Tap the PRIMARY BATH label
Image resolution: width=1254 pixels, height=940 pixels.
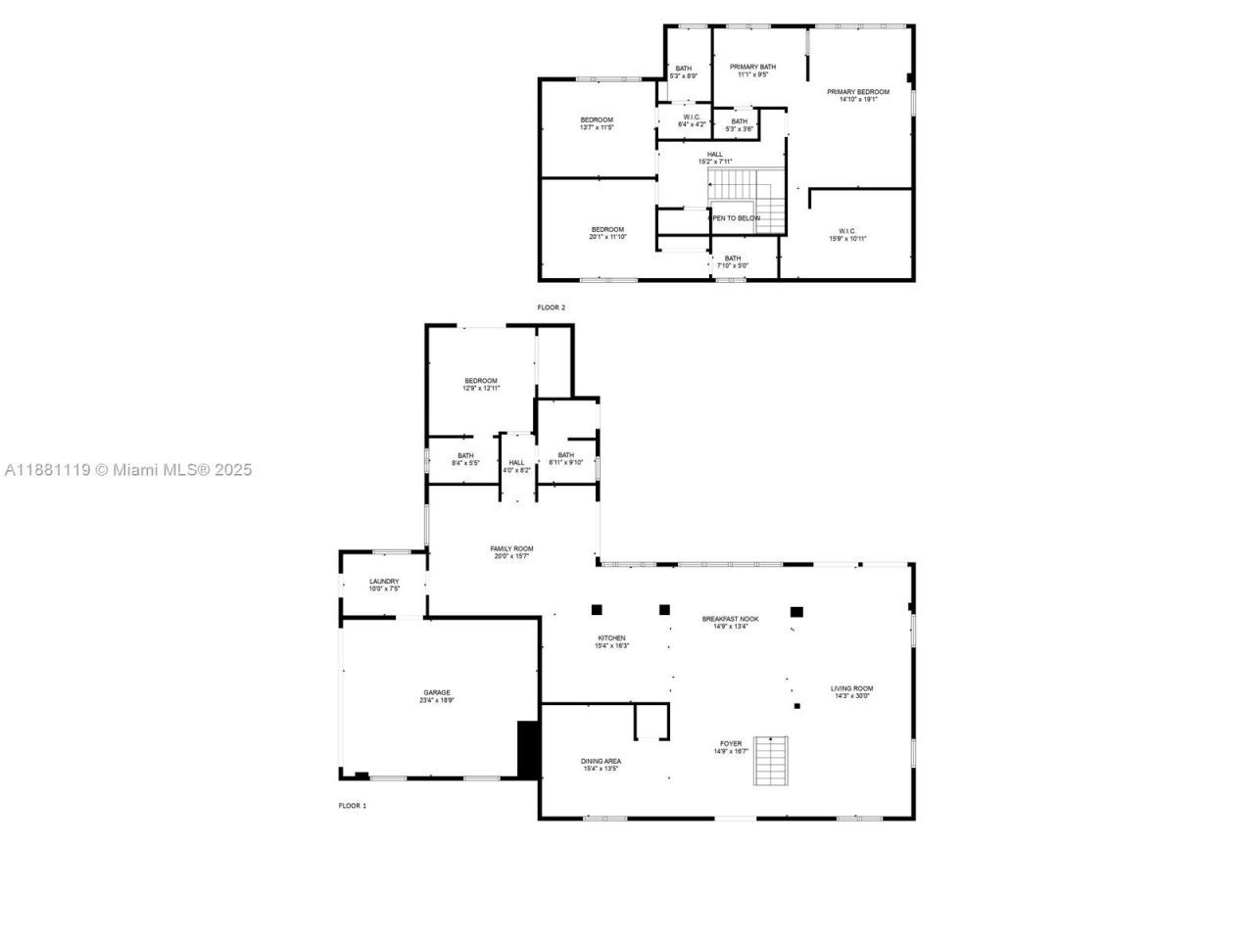(752, 67)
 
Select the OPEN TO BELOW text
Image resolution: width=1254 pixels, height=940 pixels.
(735, 218)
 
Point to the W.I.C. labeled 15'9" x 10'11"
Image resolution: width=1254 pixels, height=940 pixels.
(847, 231)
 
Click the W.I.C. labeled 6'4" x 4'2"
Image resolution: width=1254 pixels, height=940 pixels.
(691, 117)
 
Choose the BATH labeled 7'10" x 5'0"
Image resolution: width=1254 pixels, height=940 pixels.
(733, 258)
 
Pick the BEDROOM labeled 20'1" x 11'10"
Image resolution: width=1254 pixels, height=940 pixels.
(607, 230)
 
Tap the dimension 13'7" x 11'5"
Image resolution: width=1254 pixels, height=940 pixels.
(597, 127)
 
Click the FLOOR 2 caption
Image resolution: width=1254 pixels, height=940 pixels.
(551, 307)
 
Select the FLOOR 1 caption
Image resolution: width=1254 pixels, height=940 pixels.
(352, 806)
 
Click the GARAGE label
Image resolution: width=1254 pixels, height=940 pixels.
(437, 692)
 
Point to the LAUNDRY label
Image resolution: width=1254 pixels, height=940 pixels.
(384, 582)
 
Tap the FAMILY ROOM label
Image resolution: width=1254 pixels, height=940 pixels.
(511, 549)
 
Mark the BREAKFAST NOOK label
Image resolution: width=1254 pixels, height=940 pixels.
(730, 619)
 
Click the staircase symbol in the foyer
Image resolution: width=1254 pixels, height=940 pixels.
(770, 761)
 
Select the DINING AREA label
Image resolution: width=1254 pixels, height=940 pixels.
(601, 761)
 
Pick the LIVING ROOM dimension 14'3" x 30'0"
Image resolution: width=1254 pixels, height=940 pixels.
(851, 696)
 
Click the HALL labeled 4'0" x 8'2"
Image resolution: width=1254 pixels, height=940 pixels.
(516, 463)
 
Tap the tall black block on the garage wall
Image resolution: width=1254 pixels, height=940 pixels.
(528, 750)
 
